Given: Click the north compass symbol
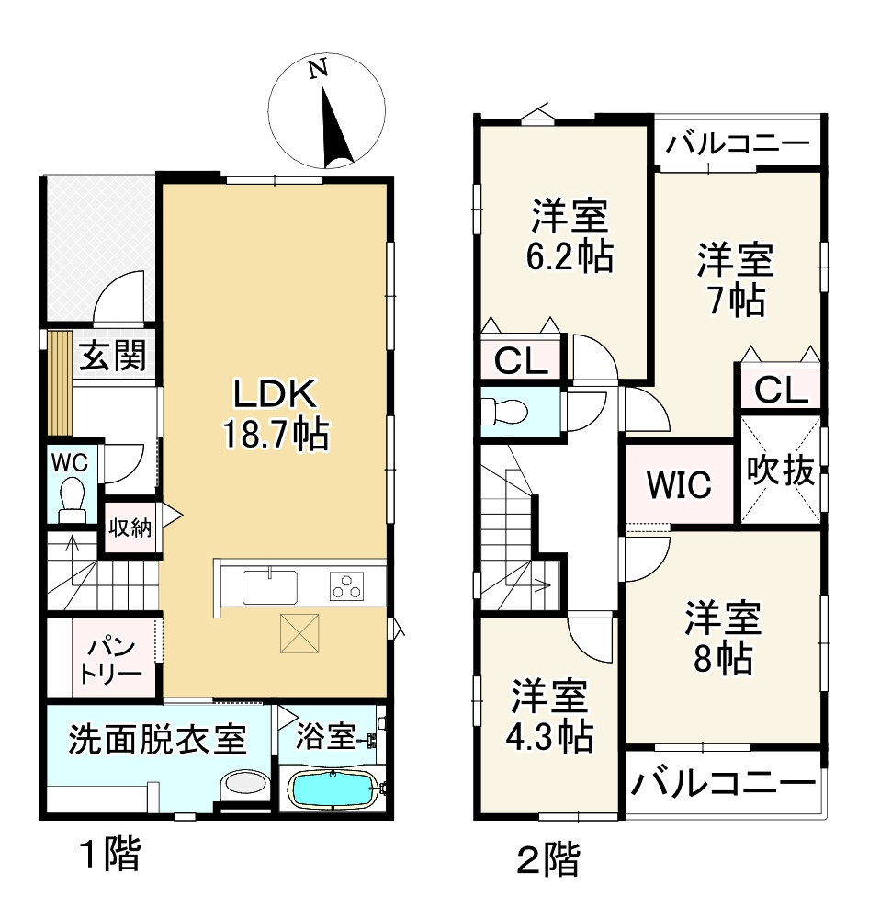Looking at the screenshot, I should point(327,116).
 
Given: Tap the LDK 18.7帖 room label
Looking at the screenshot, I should point(275,413).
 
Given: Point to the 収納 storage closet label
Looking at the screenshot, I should point(130,528).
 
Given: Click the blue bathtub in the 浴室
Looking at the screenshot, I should point(333,789).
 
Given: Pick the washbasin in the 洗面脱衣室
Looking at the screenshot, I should point(243,784).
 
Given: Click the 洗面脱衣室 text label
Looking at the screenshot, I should point(157,738).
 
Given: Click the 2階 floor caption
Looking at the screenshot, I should point(547,861).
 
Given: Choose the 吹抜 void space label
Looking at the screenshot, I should point(779,471).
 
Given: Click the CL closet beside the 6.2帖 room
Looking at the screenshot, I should point(521,362).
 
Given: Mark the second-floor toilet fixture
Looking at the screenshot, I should point(502,411).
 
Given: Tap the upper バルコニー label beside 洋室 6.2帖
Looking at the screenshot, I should point(738,144).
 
